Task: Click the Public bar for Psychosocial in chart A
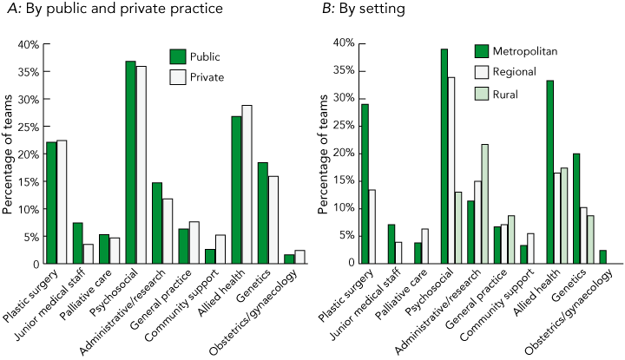point(131,162)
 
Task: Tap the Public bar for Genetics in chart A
point(262,213)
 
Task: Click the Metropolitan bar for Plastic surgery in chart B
point(365,183)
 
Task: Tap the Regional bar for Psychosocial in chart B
point(451,170)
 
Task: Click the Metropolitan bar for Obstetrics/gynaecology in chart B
point(602,257)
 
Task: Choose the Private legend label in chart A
point(207,77)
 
